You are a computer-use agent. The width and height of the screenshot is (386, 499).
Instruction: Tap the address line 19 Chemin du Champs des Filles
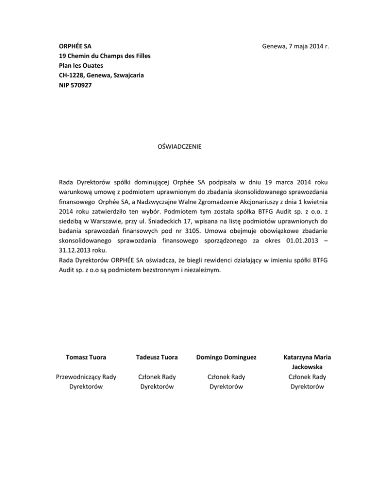point(105,56)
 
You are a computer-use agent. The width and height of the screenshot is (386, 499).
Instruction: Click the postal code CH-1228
point(71,76)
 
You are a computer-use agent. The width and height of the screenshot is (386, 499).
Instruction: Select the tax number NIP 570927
point(75,85)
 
